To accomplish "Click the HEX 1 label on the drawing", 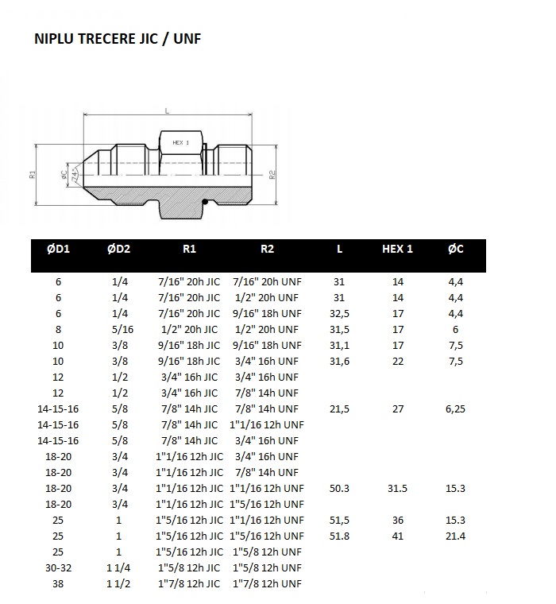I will coord(181,142).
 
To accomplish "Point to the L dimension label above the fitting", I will coord(167,111).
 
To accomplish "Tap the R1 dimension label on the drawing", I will coord(33,174).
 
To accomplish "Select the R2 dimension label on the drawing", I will coord(272,174).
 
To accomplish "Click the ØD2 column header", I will coord(118,249).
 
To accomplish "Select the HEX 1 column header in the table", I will coord(398,249).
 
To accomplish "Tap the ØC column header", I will coord(456,249).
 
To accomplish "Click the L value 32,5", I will coord(339,313).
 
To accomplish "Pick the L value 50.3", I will coord(339,488).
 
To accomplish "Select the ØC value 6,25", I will coord(456,408).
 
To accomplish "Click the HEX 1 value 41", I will coord(398,536).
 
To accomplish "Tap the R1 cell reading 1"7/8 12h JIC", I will coord(189,583).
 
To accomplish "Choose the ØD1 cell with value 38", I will coord(58,583).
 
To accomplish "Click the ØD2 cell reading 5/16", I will coord(118,329).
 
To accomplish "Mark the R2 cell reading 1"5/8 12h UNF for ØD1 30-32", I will coord(267,567).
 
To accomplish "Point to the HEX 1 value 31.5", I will coord(398,488).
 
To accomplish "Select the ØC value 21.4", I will coord(456,536).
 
